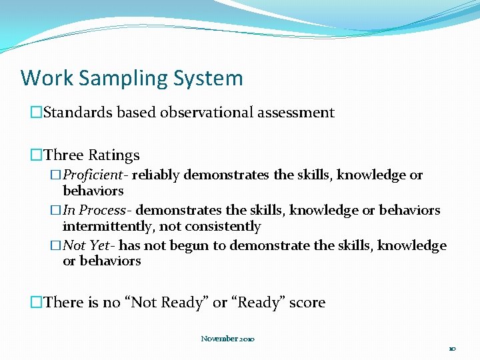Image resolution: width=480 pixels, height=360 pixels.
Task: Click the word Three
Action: [x=64, y=155]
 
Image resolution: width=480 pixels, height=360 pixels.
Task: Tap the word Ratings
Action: [x=114, y=155]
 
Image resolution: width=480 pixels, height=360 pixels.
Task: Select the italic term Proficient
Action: [x=95, y=175]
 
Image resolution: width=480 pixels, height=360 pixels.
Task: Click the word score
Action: [x=305, y=303]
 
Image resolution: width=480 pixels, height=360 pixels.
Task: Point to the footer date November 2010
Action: [x=227, y=339]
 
